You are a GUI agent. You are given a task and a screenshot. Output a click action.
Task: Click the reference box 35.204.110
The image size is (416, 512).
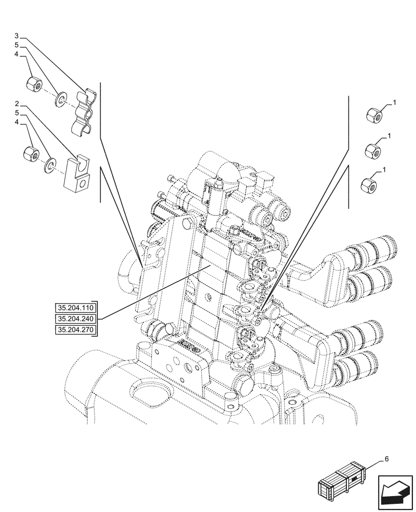(x=76, y=308)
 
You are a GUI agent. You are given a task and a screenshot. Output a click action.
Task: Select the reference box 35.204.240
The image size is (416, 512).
(x=76, y=319)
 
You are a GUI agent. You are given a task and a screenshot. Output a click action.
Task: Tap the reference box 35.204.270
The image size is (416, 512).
(x=76, y=330)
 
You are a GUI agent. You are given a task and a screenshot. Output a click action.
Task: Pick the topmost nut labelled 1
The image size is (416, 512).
(x=373, y=115)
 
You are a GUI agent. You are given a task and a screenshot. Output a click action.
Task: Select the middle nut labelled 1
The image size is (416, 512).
(x=371, y=151)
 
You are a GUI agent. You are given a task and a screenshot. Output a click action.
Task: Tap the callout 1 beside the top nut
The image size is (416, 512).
(x=395, y=103)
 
